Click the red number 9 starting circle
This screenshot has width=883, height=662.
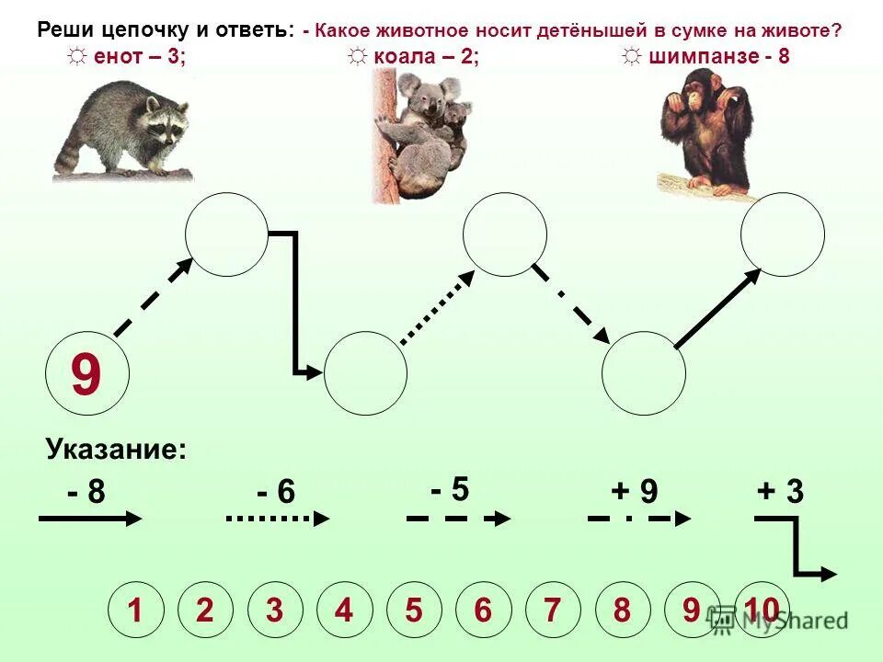(x=87, y=376)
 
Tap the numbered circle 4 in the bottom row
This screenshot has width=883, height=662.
(x=344, y=611)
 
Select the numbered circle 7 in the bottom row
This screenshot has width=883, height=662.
(x=552, y=611)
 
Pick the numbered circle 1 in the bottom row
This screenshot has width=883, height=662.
(x=135, y=611)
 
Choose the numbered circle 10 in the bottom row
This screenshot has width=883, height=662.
(x=762, y=611)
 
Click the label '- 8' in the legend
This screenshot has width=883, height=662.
(x=86, y=493)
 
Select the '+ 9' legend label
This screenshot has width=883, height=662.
(x=636, y=493)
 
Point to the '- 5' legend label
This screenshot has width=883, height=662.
(x=450, y=488)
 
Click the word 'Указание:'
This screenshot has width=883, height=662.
(x=116, y=451)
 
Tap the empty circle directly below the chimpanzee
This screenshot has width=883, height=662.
(x=783, y=234)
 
